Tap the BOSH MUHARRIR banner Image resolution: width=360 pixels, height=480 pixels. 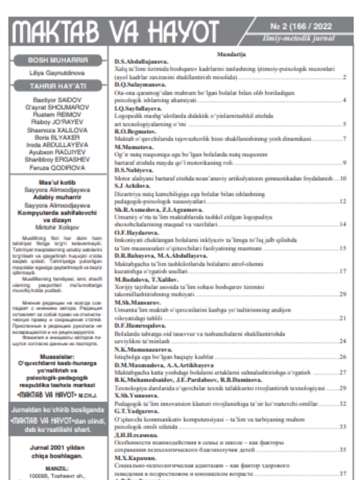(x=58, y=60)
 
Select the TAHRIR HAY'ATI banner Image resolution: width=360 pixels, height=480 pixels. (x=58, y=86)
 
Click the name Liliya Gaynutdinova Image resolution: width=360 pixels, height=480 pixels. (x=58, y=73)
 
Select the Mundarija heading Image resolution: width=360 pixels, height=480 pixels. (x=230, y=55)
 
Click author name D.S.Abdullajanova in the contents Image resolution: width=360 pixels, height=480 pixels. (x=142, y=61)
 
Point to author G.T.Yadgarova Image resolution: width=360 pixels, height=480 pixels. (x=137, y=411)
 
